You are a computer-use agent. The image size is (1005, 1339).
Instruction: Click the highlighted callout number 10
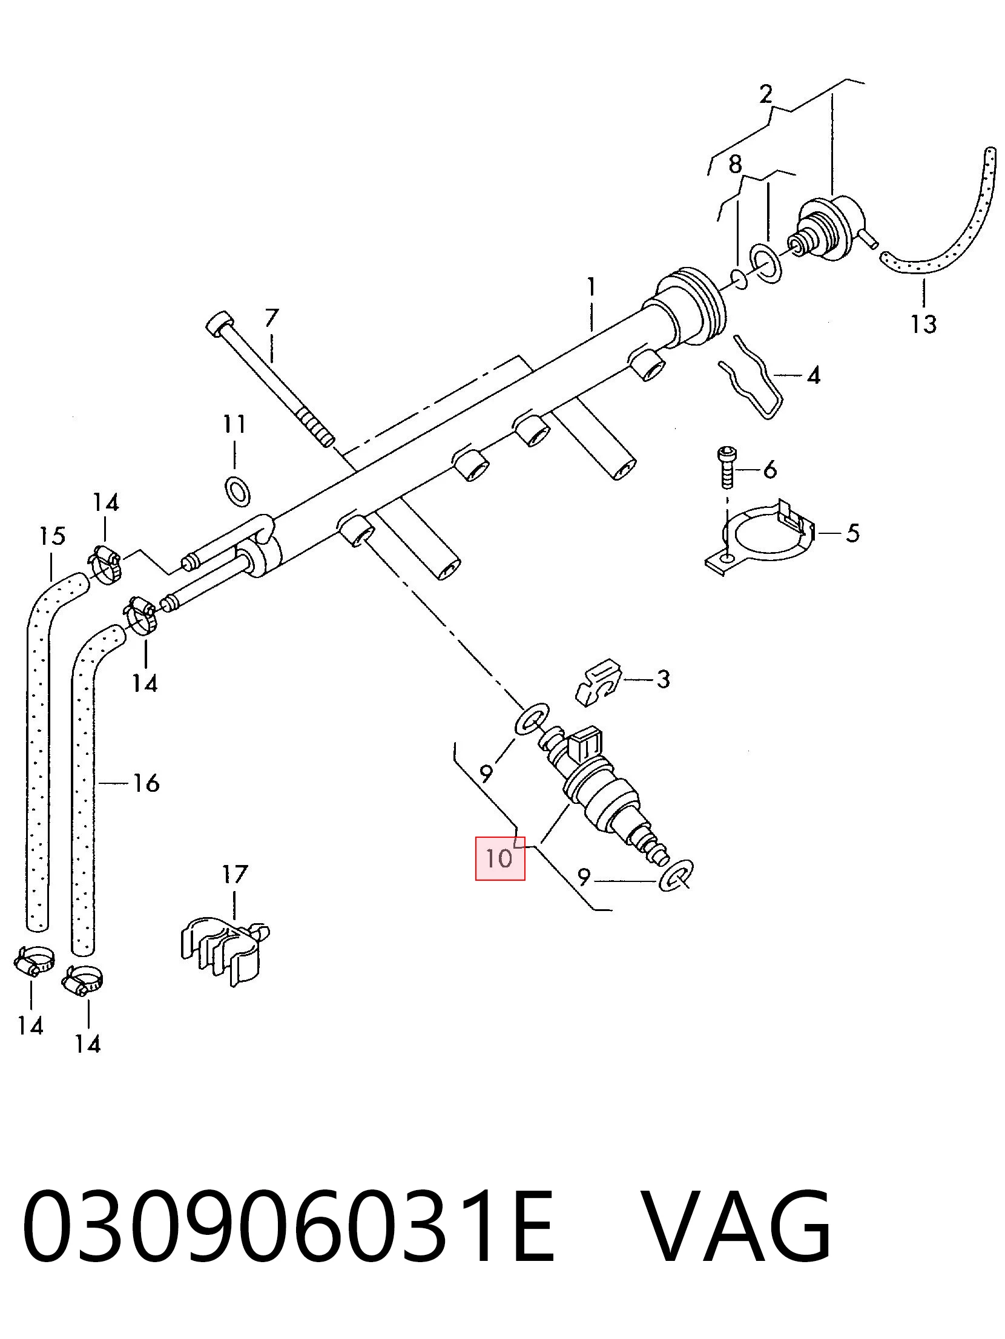pyautogui.click(x=499, y=858)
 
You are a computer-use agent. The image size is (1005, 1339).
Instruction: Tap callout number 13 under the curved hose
pyautogui.click(x=924, y=324)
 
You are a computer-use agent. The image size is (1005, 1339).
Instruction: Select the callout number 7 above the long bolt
pyautogui.click(x=272, y=318)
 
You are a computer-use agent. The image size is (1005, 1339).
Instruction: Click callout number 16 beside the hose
pyautogui.click(x=146, y=783)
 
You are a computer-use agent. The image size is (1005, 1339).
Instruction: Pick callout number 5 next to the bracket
pyautogui.click(x=852, y=533)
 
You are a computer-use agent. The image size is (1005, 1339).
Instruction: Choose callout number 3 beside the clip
pyautogui.click(x=664, y=679)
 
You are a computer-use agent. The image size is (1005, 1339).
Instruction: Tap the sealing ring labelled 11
pyautogui.click(x=237, y=490)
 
